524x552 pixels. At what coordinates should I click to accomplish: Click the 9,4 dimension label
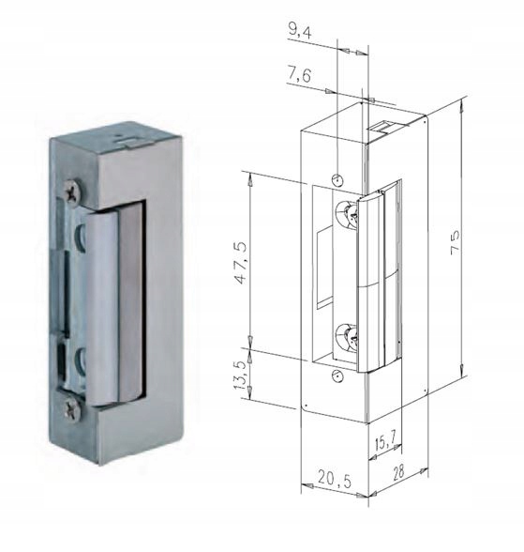click(x=303, y=31)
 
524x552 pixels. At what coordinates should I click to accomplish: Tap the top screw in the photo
click(x=72, y=194)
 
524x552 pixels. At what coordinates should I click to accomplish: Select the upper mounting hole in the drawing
click(x=338, y=177)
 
